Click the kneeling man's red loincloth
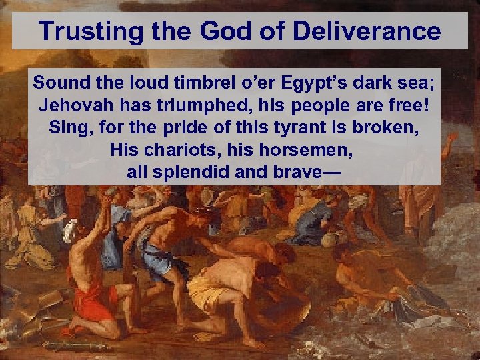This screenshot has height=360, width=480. click(93, 301)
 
